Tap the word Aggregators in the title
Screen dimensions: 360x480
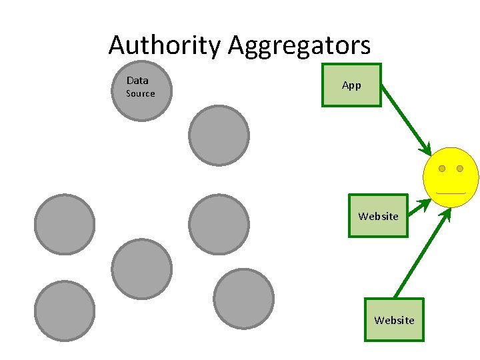[x=299, y=46]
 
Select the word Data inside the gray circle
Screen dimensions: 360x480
[x=137, y=81]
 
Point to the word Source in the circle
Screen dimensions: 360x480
[x=141, y=94]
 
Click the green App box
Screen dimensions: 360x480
[x=351, y=85]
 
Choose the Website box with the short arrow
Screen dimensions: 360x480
[x=378, y=216]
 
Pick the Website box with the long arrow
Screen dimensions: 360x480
[x=394, y=320]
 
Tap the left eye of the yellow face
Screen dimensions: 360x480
[x=442, y=169]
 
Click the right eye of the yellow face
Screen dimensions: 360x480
[x=460, y=169]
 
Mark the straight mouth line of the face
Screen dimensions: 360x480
[x=451, y=193]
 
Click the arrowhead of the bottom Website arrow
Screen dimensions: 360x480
[x=446, y=214]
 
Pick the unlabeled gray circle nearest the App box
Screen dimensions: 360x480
[x=219, y=135]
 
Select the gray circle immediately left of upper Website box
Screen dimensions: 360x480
[x=219, y=224]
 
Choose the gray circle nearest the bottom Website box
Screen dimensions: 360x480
[x=244, y=299]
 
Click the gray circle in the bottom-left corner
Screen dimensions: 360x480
[x=65, y=311]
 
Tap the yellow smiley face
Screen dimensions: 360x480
[x=451, y=177]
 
